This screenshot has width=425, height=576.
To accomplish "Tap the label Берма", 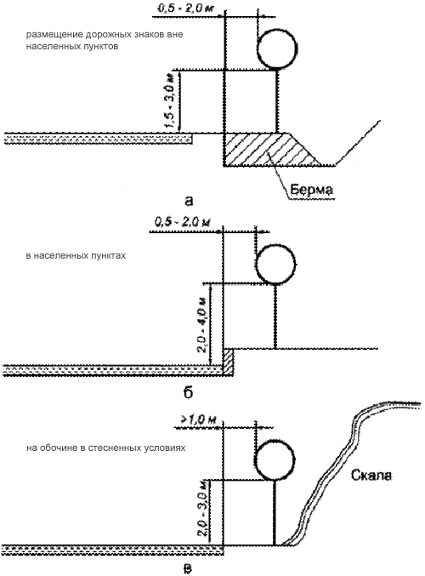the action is pyautogui.click(x=312, y=190).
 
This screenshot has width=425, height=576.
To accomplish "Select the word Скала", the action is pyautogui.click(x=371, y=475).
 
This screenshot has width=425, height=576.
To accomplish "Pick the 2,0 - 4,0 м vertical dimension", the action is pyautogui.click(x=203, y=324).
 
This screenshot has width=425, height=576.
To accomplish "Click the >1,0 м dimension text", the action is pyautogui.click(x=198, y=419).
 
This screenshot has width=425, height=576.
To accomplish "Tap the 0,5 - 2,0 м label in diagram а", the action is pyautogui.click(x=185, y=9).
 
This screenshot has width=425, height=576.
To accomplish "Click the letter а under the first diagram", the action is pyautogui.click(x=189, y=202).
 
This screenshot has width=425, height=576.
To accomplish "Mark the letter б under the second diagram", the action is pyautogui.click(x=188, y=392).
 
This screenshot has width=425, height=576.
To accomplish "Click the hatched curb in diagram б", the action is pyautogui.click(x=229, y=362).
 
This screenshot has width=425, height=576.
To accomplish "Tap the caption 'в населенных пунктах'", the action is pyautogui.click(x=76, y=256).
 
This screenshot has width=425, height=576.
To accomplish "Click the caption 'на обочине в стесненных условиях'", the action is pyautogui.click(x=105, y=448).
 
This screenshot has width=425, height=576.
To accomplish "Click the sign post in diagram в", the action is pyautogui.click(x=275, y=512).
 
